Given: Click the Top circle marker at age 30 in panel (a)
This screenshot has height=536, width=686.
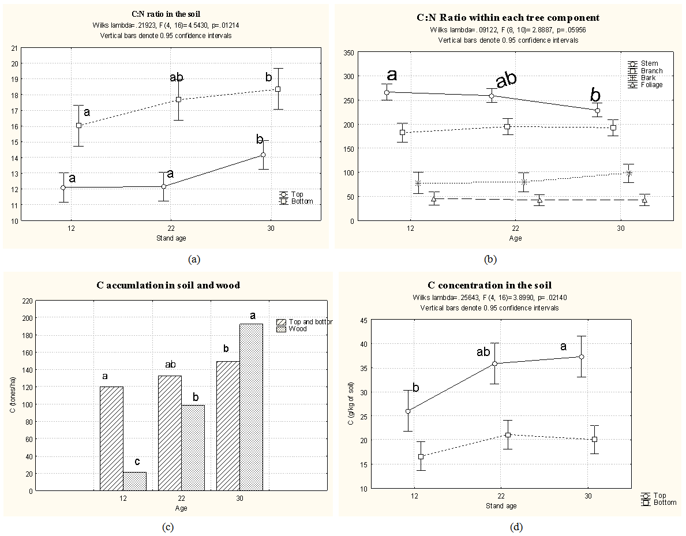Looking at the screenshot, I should tap(263, 155).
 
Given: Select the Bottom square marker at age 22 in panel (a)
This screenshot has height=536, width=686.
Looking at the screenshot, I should tap(178, 99).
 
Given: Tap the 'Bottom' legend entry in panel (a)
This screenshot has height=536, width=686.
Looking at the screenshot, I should tap(302, 201).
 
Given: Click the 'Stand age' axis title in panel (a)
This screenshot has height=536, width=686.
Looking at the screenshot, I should tap(171, 238).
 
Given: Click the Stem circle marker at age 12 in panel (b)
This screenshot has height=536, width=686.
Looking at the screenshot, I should tap(387, 92).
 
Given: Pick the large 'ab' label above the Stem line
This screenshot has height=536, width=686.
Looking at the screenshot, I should tap(506, 80).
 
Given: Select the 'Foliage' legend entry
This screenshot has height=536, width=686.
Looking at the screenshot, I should tap(651, 85).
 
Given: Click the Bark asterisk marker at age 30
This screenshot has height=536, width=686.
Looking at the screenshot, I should tap(628, 174).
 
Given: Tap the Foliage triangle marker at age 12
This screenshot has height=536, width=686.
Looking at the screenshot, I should tap(433, 199).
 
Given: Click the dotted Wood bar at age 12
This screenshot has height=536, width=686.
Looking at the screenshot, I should tap(134, 481).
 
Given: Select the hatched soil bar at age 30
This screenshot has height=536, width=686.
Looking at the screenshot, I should tap(228, 426).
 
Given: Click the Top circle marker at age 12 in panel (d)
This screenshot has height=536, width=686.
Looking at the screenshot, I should tap(408, 411).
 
